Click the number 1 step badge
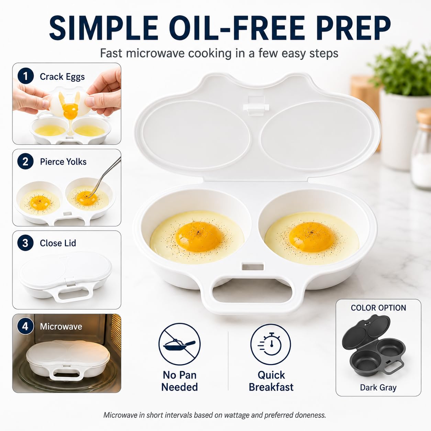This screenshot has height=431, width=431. click(x=25, y=76)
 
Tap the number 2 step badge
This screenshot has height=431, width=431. click(x=25, y=161)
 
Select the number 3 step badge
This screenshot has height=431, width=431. click(x=25, y=243)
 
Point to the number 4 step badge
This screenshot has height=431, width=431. click(x=25, y=326)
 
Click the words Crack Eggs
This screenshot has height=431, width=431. click(x=62, y=77)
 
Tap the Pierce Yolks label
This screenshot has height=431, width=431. click(x=63, y=162)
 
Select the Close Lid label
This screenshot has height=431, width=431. click(x=58, y=243)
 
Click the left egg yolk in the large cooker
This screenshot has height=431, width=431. click(x=199, y=236)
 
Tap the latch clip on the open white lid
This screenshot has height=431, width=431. click(x=256, y=106)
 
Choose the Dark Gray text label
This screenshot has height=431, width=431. click(x=378, y=387)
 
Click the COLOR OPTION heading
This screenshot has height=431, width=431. click(x=378, y=308)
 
